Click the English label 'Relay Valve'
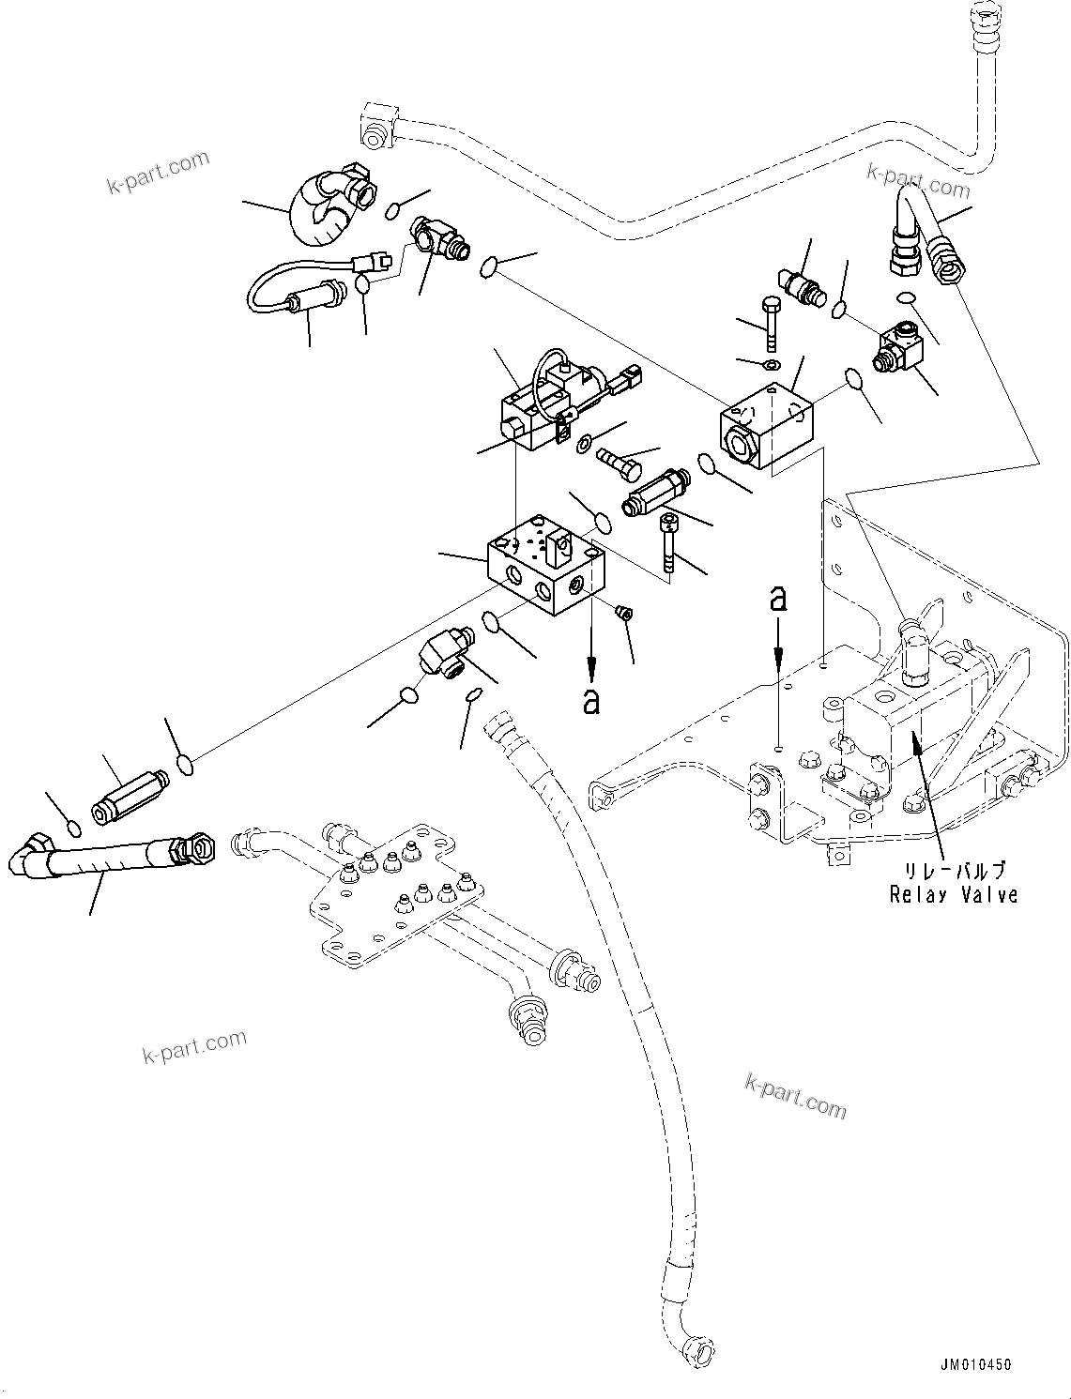coord(953,894)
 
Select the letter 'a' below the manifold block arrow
coord(590,701)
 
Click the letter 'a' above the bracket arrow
coord(777,598)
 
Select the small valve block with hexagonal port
coord(767,427)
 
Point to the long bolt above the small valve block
coord(770,323)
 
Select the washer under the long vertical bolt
coord(771,364)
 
